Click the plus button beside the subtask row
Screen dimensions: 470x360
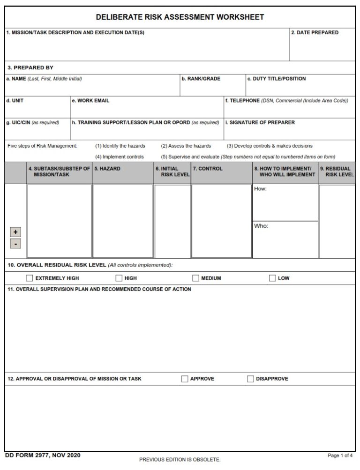(x=15, y=232)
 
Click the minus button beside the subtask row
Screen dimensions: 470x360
(x=15, y=244)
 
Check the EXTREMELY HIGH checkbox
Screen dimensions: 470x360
(x=30, y=278)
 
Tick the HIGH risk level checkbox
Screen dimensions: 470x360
(x=119, y=278)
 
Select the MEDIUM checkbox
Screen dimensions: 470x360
(x=195, y=278)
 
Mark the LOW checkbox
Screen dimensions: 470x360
(x=272, y=278)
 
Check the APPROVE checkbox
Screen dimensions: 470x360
(x=185, y=379)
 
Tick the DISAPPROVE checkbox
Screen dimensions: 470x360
(x=250, y=379)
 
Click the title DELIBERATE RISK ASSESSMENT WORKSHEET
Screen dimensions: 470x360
(x=180, y=17)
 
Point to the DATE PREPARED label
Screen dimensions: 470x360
(x=315, y=33)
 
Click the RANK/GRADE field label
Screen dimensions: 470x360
(x=201, y=79)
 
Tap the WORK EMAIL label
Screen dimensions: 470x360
(x=90, y=101)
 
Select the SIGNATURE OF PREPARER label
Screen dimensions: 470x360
(x=260, y=123)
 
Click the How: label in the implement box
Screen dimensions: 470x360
(x=260, y=189)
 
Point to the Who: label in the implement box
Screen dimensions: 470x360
(x=261, y=226)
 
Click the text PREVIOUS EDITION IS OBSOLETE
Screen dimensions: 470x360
(x=180, y=460)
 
